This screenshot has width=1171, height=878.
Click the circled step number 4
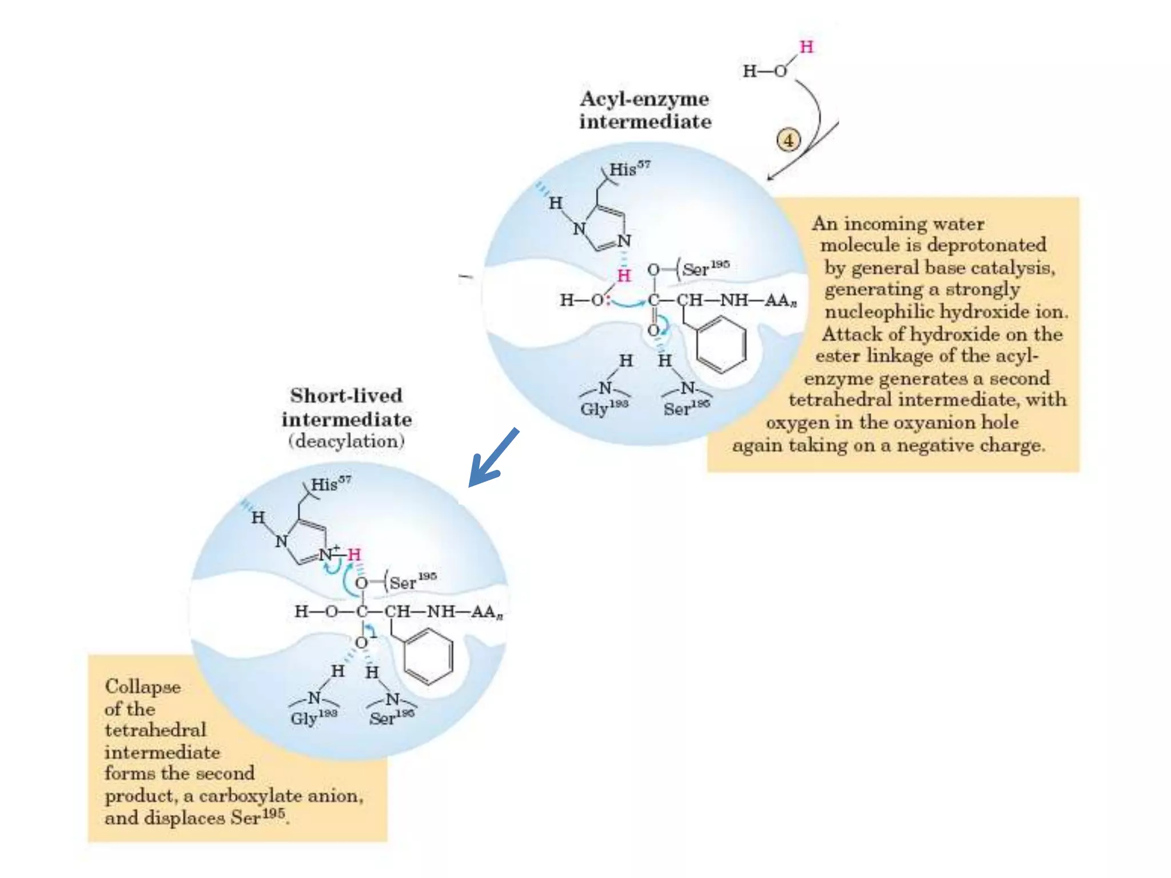click(x=788, y=140)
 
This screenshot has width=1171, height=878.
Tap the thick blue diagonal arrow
click(x=493, y=458)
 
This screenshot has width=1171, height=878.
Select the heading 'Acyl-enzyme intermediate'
click(x=645, y=110)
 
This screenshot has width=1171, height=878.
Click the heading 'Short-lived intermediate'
click(x=346, y=407)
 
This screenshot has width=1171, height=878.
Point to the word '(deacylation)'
click(x=346, y=441)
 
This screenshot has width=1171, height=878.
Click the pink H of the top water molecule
click(x=806, y=47)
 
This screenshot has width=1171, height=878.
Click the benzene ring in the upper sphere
click(x=721, y=344)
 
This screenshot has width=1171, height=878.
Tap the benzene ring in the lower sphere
click(x=428, y=656)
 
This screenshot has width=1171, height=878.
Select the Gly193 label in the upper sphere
click(x=604, y=408)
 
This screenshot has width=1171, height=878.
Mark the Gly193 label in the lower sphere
click(x=313, y=718)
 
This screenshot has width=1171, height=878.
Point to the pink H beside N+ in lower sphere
click(x=355, y=554)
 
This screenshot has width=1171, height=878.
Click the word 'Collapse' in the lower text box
click(x=142, y=687)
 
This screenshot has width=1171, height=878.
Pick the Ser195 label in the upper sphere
click(x=706, y=268)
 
